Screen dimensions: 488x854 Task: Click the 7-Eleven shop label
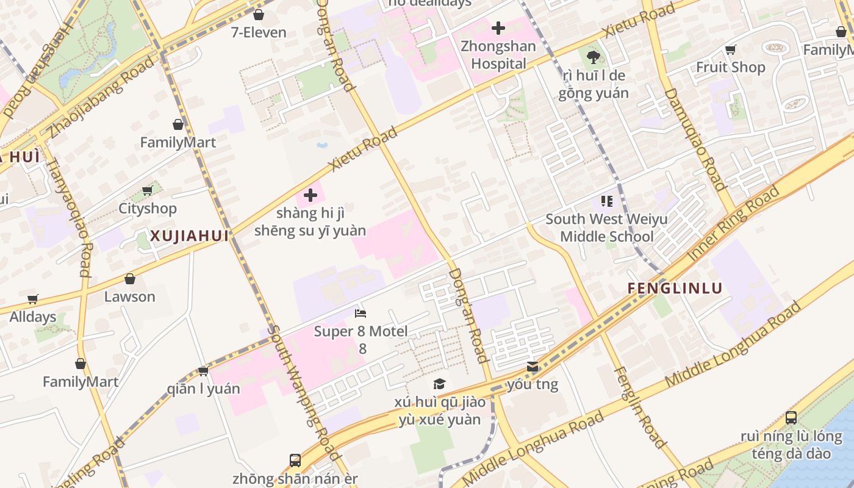[258, 32]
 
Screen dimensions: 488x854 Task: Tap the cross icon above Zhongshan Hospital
[498, 28]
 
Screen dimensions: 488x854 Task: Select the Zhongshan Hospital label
[498, 55]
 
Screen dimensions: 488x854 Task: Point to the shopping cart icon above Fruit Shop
[730, 49]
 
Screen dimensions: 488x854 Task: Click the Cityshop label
[147, 209]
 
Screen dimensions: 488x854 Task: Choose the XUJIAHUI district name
[189, 236]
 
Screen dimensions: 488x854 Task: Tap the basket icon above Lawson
[130, 279]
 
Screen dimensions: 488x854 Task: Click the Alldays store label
[32, 317]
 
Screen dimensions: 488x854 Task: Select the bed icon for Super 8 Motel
[361, 314]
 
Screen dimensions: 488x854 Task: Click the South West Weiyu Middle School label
[606, 228]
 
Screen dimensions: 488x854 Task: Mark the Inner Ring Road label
[734, 223]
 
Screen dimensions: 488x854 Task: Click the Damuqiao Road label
[694, 139]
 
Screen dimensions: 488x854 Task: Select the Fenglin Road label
[640, 407]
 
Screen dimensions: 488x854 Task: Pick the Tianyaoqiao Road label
[76, 217]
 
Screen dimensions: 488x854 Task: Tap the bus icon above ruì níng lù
[791, 418]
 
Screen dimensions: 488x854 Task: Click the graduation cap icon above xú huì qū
[439, 384]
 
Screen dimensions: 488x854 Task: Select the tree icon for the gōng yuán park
[592, 57]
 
